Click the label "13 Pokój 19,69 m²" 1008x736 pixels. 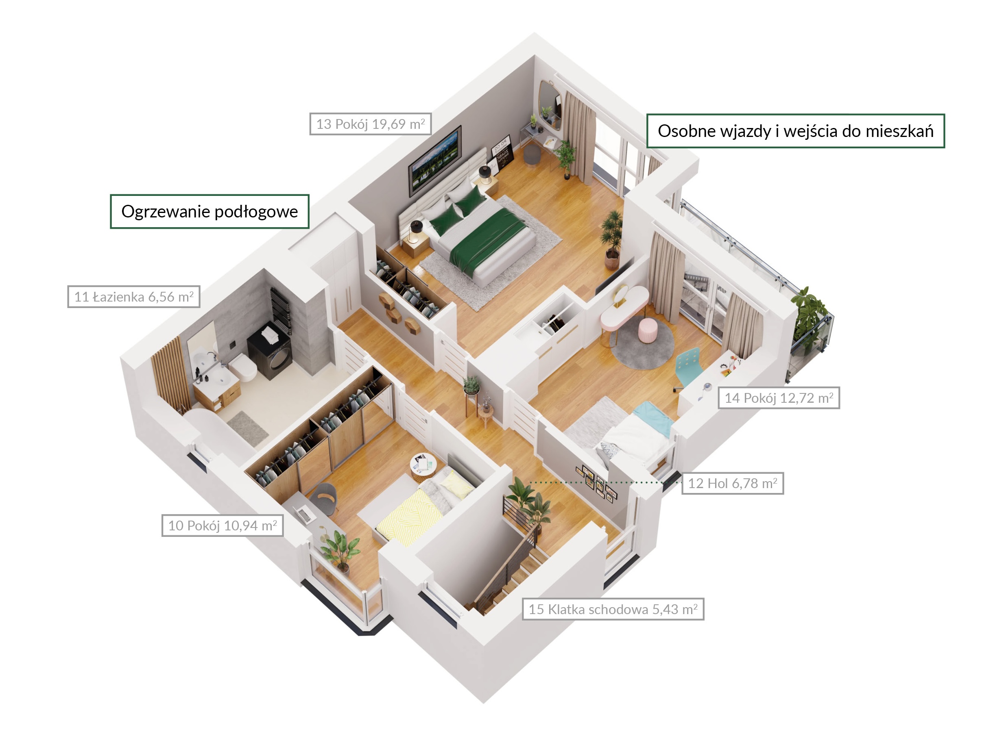coord(370,124)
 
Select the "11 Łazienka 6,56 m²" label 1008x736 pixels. coord(134,297)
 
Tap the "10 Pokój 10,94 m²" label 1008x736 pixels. coord(223,526)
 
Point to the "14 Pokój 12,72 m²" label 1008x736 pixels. coord(779,398)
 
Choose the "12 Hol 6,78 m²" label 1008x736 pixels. coord(733,483)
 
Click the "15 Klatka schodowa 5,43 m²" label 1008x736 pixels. coord(613,609)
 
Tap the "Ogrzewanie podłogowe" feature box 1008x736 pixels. coord(209,212)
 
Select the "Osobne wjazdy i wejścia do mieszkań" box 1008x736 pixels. coord(795,131)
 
